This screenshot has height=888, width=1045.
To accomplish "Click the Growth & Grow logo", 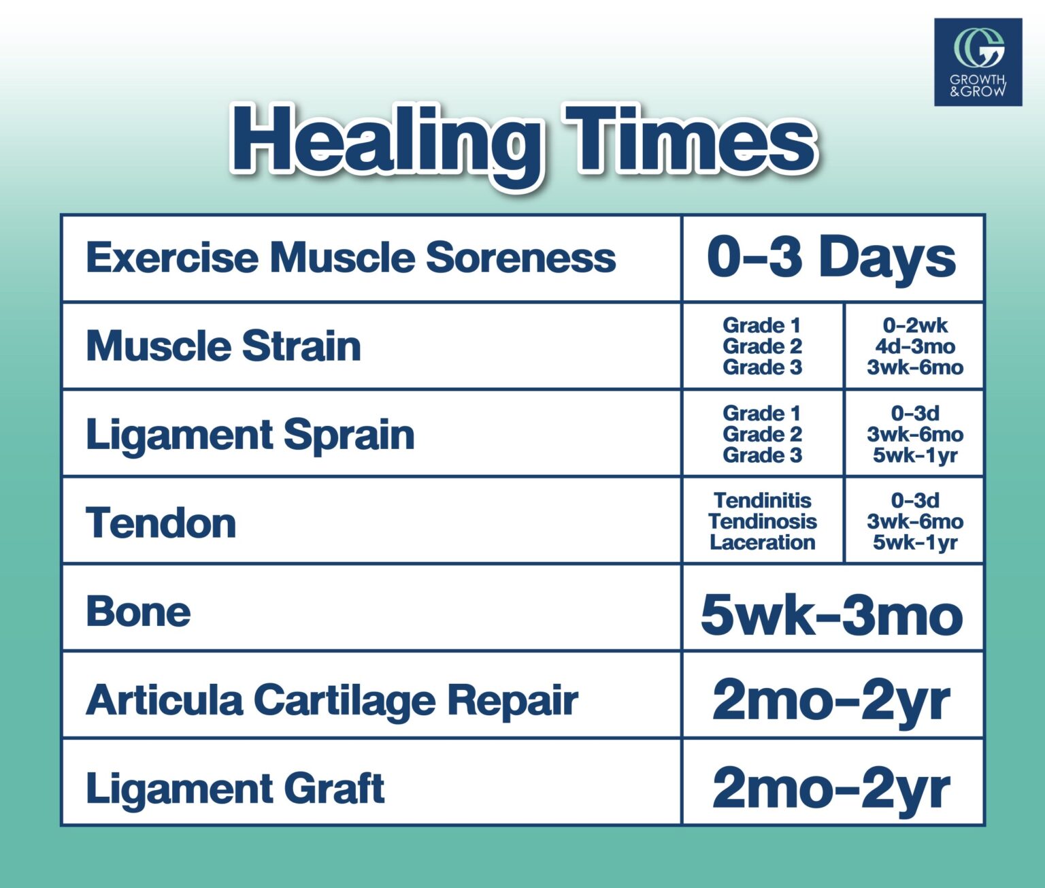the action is (978, 62).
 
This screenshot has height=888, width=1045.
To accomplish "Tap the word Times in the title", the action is (690, 138).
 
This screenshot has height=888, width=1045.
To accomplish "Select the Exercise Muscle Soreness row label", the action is (351, 257).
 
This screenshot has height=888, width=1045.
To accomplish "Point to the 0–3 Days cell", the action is (831, 259).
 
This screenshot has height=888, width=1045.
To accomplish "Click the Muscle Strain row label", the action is (223, 346).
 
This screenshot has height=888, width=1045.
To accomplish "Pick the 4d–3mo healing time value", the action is (915, 346).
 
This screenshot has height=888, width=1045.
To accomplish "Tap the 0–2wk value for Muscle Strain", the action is (915, 325).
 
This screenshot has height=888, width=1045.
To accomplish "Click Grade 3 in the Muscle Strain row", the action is (763, 367).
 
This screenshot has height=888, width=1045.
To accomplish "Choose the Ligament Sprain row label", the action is (250, 434).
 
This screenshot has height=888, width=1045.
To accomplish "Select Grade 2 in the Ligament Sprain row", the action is (763, 434).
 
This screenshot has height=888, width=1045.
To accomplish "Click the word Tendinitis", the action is (763, 501).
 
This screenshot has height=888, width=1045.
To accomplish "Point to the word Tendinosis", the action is (763, 521).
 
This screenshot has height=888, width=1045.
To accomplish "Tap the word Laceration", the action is (763, 542).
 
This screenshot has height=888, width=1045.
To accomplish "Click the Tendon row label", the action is (161, 523).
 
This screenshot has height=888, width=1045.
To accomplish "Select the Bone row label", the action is (138, 611).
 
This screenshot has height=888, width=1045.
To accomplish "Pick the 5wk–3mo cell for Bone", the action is (831, 615).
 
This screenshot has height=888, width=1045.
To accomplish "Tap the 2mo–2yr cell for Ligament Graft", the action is (831, 789).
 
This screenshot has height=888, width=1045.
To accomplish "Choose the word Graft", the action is (334, 787).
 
